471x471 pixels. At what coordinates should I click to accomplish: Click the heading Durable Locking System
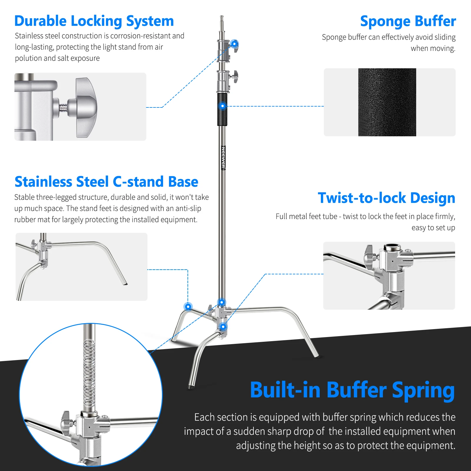pos(94,21)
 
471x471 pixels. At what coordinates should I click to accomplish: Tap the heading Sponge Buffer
pos(408,21)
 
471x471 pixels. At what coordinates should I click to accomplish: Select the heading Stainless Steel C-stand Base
pos(106,182)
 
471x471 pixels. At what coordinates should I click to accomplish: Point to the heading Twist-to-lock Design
pos(386,198)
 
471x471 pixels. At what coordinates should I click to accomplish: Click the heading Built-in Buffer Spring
pos(352,390)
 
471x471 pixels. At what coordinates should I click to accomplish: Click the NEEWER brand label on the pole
pos(223,158)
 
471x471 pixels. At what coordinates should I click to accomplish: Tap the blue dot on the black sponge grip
pos(223,106)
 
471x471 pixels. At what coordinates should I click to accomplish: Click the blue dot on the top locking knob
pos(234,44)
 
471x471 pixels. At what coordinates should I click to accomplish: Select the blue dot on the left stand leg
pos(188,307)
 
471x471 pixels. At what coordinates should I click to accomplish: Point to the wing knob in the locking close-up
pos(85,107)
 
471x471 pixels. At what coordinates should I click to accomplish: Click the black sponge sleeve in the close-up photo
pos(387,102)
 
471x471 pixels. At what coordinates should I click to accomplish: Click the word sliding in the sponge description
pos(445,37)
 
